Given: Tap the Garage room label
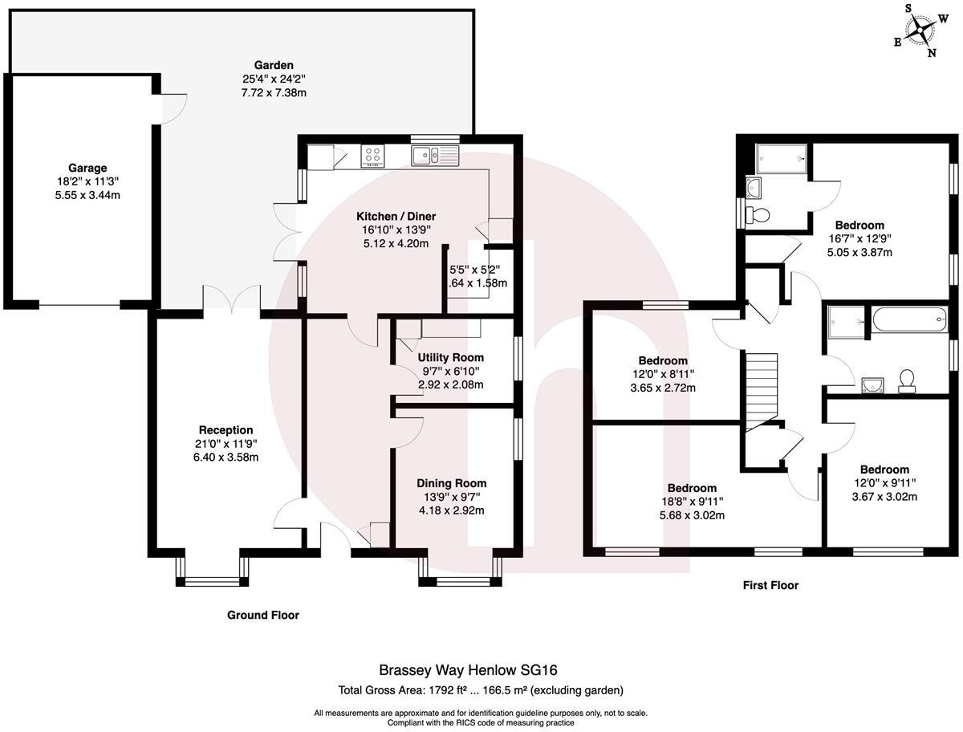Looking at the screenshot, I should (87, 168).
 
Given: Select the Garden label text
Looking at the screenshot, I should (274, 65).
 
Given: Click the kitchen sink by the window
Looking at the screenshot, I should (433, 155).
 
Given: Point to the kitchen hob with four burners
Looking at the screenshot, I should (372, 156).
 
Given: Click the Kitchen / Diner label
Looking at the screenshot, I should (396, 216).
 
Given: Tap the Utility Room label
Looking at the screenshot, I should (451, 357).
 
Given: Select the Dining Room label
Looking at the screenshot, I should (451, 483).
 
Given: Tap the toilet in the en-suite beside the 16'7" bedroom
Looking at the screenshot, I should (757, 214).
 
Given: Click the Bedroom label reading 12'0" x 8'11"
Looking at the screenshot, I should (663, 361).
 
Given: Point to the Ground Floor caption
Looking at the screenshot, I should (262, 616).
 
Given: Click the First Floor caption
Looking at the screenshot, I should (770, 586).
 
